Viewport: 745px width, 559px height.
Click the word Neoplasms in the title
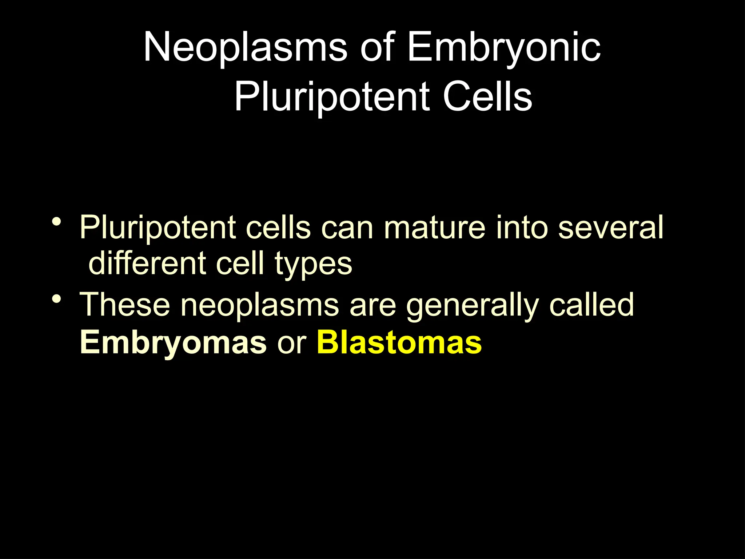[246, 47]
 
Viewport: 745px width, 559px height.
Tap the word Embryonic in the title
[503, 47]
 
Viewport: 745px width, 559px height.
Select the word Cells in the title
[487, 97]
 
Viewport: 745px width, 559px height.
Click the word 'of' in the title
[377, 47]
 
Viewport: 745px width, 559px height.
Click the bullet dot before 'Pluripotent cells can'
[56, 221]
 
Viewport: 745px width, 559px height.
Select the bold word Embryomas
[173, 343]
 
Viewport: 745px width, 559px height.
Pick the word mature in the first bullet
[435, 228]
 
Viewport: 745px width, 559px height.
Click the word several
[610, 228]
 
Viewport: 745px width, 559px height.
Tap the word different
[147, 263]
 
